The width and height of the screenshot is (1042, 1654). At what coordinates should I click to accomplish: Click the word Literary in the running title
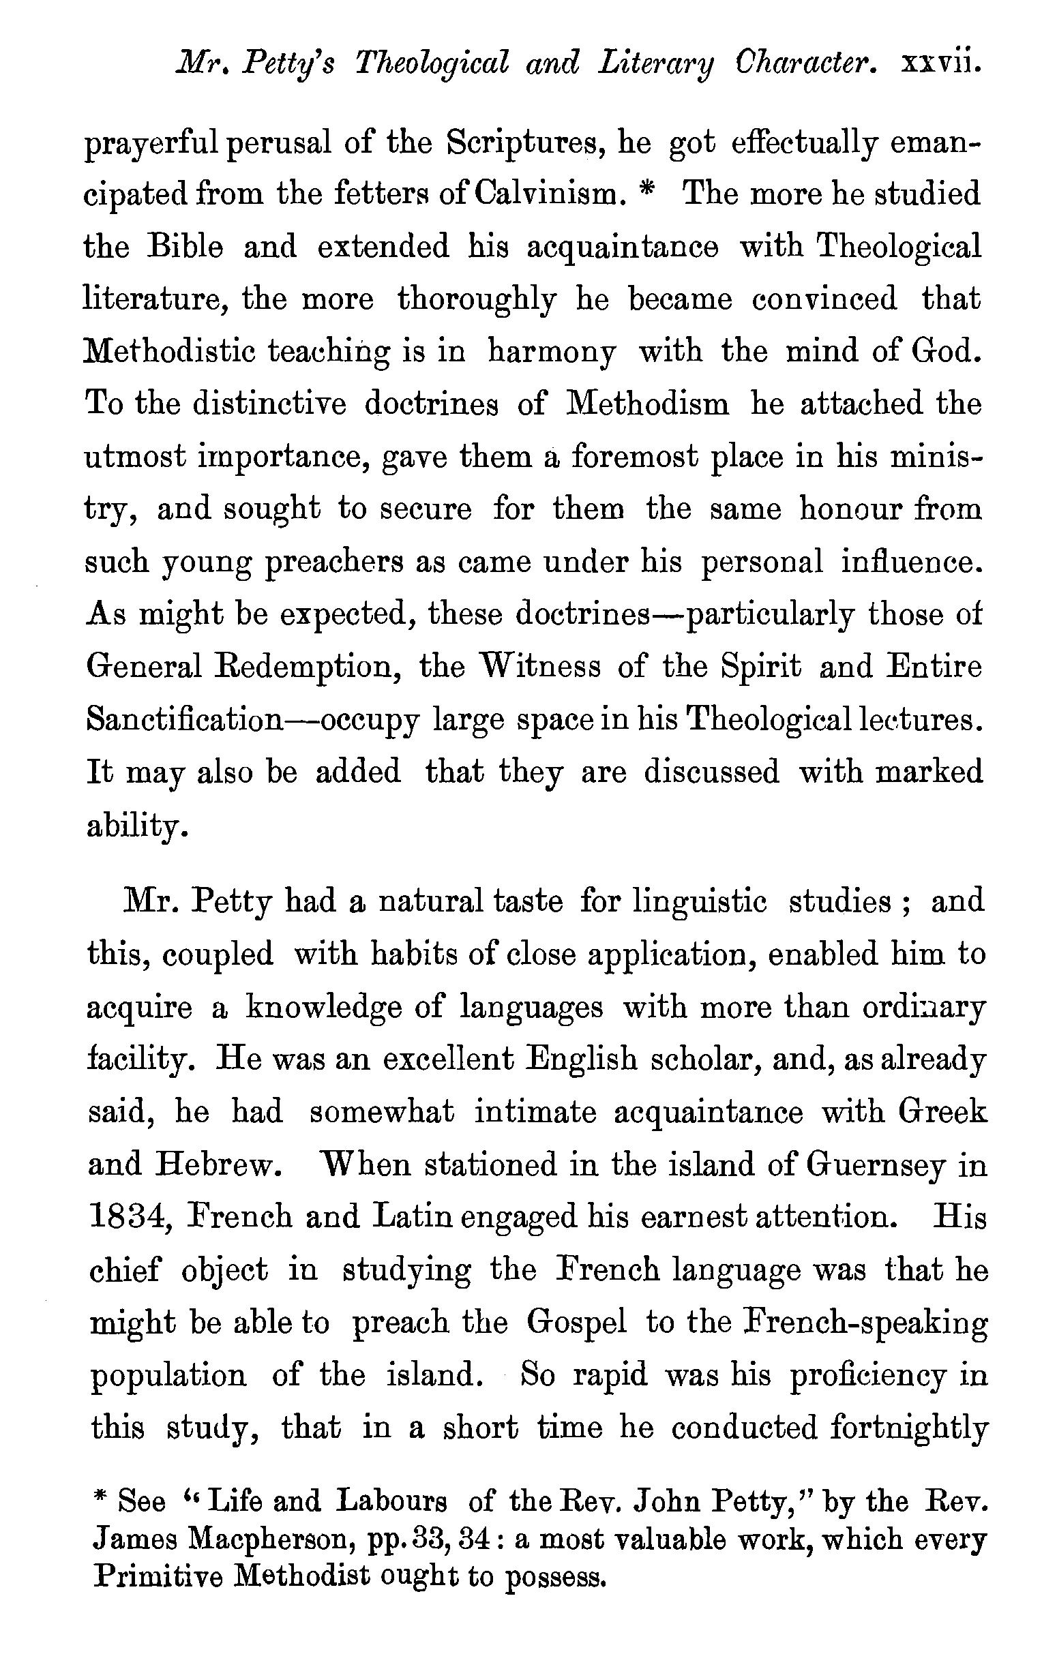(x=655, y=65)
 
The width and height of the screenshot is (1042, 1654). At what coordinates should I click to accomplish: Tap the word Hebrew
(x=213, y=1164)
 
